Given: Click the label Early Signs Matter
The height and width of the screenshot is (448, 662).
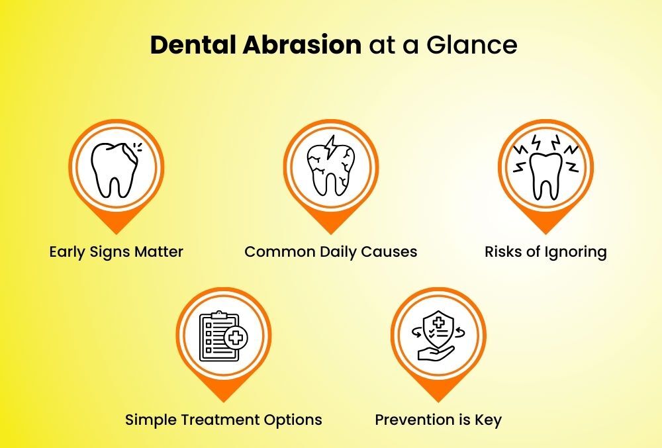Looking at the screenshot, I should (x=117, y=252).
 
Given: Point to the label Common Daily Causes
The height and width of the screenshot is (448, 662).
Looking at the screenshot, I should (x=331, y=252).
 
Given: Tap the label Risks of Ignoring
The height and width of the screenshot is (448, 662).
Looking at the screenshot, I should (x=545, y=252).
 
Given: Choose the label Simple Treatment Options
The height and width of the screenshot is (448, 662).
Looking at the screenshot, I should (x=224, y=420).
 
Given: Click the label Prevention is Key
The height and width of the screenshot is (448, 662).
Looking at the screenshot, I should (x=438, y=420).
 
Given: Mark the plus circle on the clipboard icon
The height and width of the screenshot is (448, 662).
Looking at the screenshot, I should (x=234, y=339).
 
